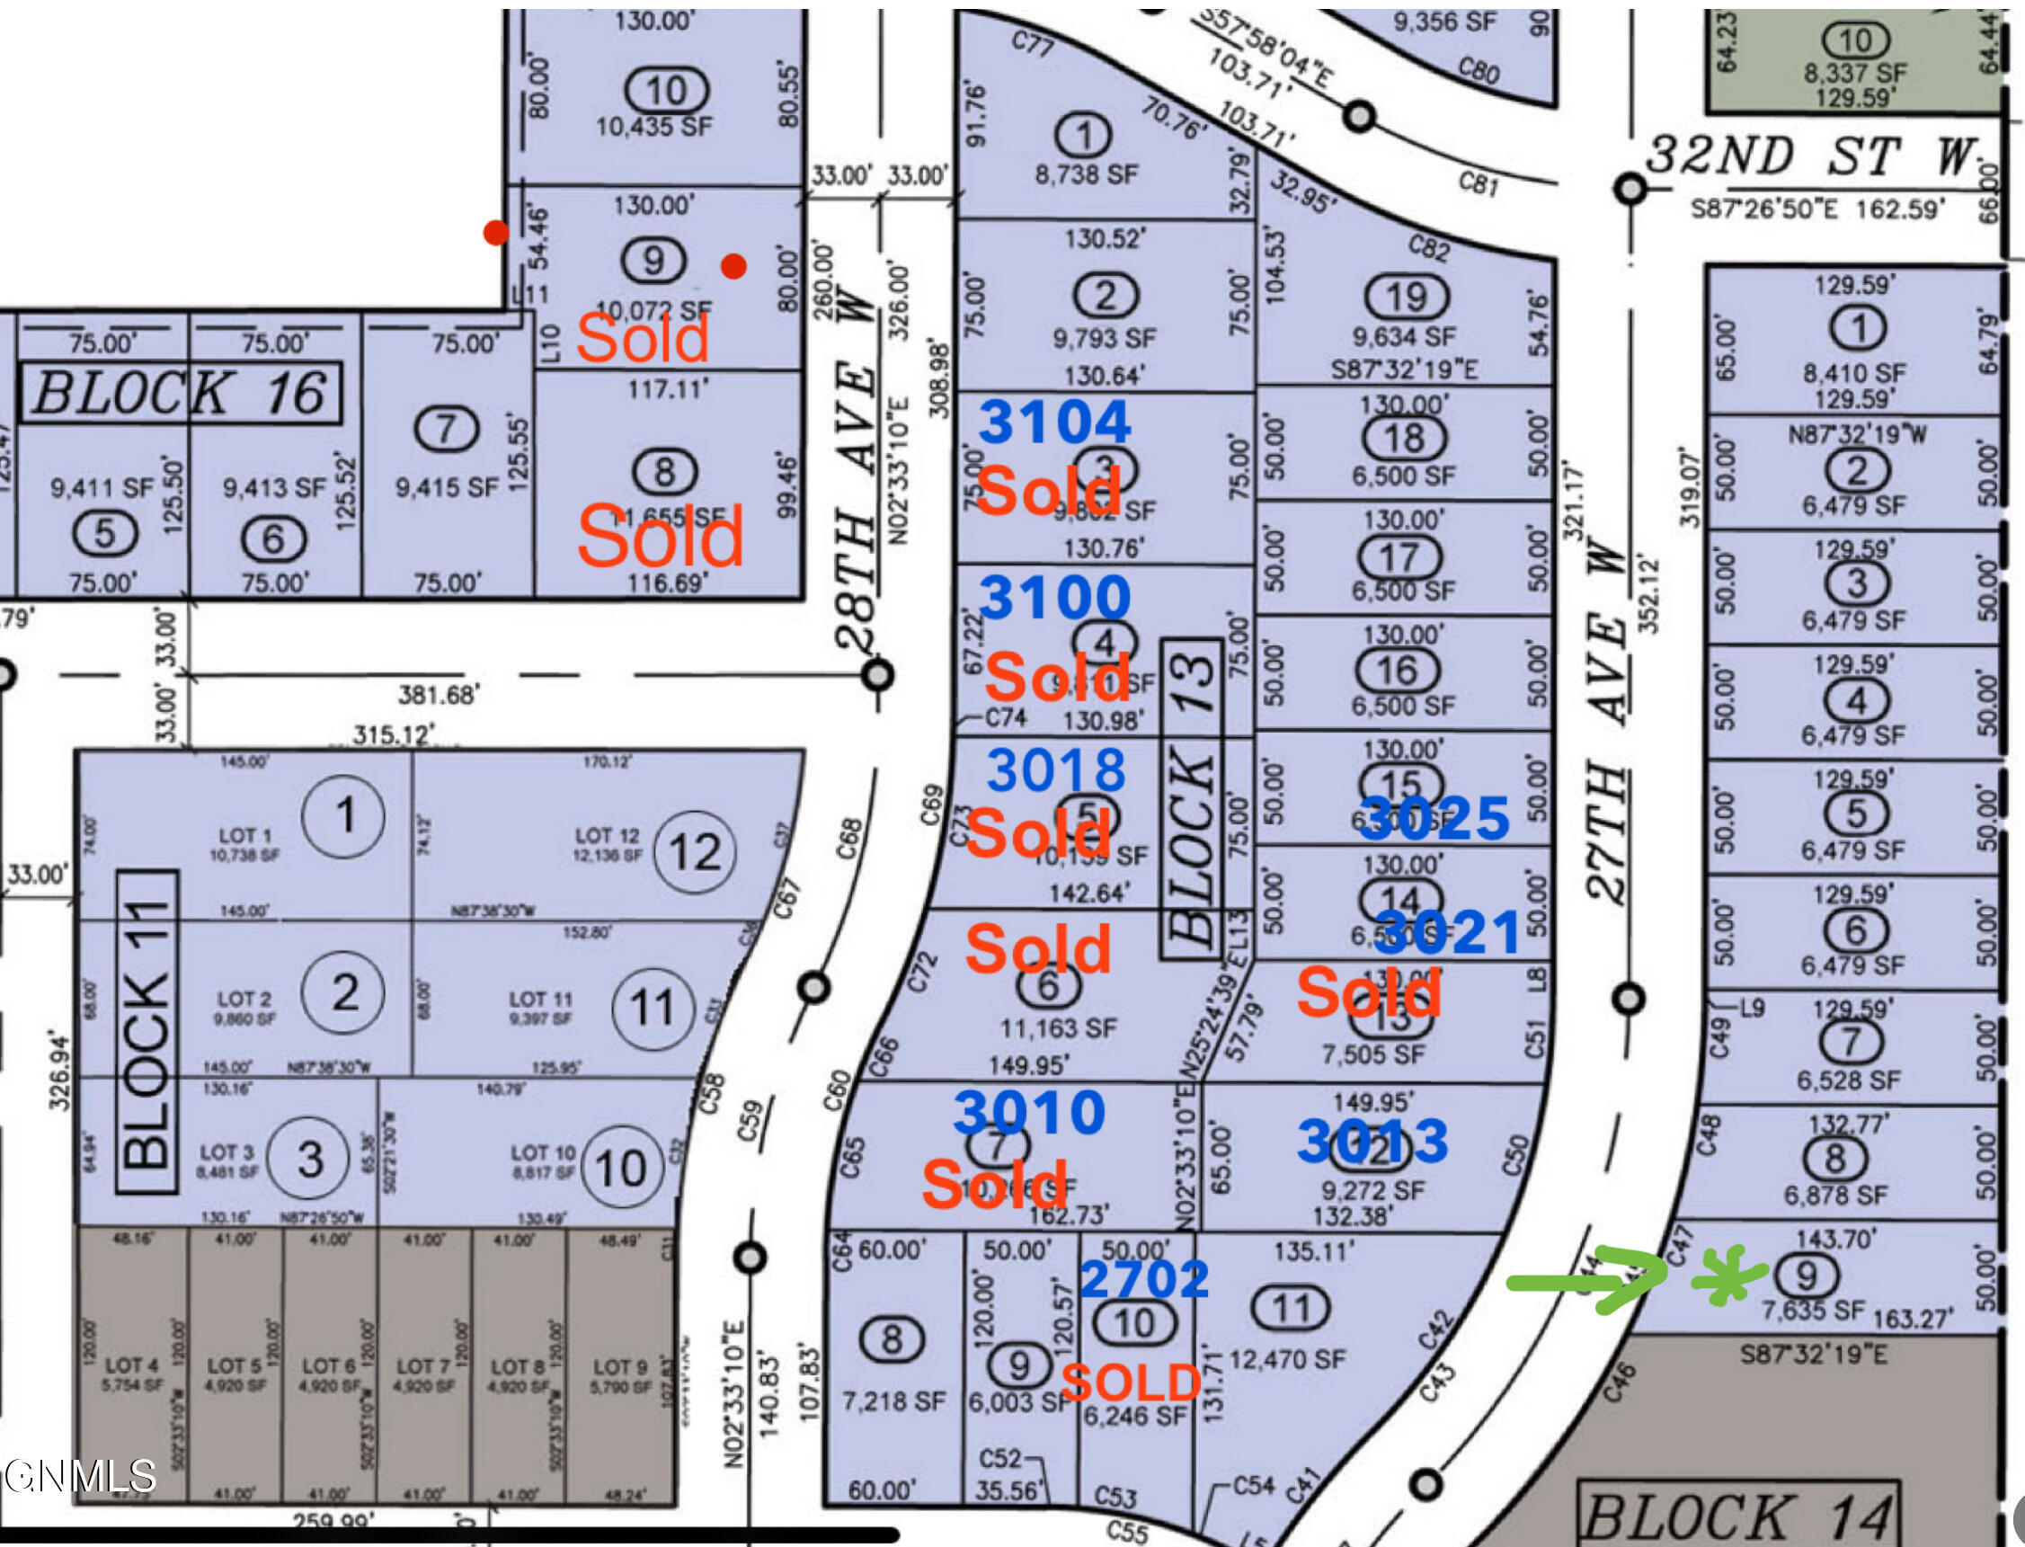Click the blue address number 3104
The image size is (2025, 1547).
(1054, 422)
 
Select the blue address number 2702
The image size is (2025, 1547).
(1143, 1279)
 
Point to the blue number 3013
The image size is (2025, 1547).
(1372, 1142)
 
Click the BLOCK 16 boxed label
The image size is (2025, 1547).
(181, 393)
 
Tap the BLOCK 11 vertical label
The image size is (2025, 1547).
(148, 1031)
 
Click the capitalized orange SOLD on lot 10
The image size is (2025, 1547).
(1132, 1383)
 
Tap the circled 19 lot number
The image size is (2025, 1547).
(1406, 298)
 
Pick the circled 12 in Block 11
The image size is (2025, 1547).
(695, 853)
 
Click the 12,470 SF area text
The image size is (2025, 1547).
(1287, 1359)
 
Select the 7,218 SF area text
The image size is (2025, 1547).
(893, 1401)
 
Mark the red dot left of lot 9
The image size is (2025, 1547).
(495, 232)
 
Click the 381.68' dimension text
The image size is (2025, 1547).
(438, 694)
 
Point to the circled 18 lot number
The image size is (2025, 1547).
(1403, 440)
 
